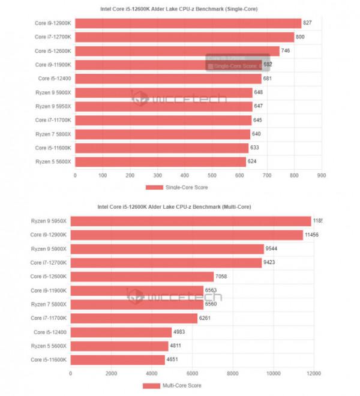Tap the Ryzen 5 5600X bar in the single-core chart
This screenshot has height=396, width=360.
coord(160,161)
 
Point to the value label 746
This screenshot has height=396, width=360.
coord(287,51)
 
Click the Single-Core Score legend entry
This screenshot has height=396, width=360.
coord(180,187)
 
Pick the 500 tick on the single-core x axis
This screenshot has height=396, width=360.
coord(212,175)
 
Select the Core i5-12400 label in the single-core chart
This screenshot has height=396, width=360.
coord(55,79)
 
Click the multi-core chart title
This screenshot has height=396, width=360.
coord(174,206)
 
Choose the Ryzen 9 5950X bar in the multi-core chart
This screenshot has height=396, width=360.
coord(191,221)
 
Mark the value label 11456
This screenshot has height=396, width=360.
coord(311,235)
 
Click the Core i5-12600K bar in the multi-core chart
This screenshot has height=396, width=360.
coord(142,276)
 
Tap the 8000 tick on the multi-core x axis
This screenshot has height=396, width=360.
coord(233,373)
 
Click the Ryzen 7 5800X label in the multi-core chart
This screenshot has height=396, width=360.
coord(49,304)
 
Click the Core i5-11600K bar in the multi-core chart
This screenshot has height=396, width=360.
coord(118,359)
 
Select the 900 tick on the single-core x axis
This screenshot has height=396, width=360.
coord(321,175)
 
